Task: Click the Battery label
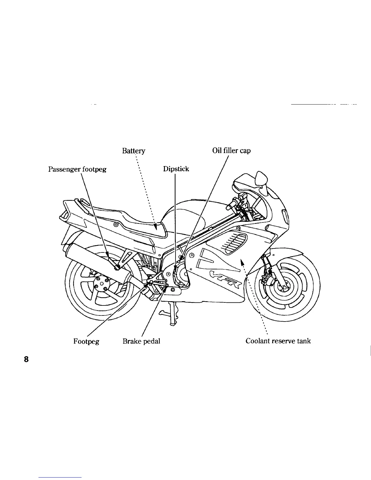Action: pos(134,151)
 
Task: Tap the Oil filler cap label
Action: pos(232,151)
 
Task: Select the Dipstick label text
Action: pos(176,169)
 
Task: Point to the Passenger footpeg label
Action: pos(77,169)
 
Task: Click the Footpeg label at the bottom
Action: pos(86,341)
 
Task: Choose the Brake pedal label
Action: pos(141,341)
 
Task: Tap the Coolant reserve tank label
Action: pos(278,341)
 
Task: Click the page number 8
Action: pos(26,359)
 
